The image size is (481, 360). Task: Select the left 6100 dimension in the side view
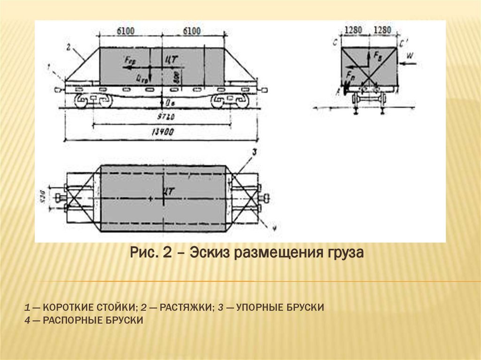125,31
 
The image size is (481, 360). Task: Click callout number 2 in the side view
69,46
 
